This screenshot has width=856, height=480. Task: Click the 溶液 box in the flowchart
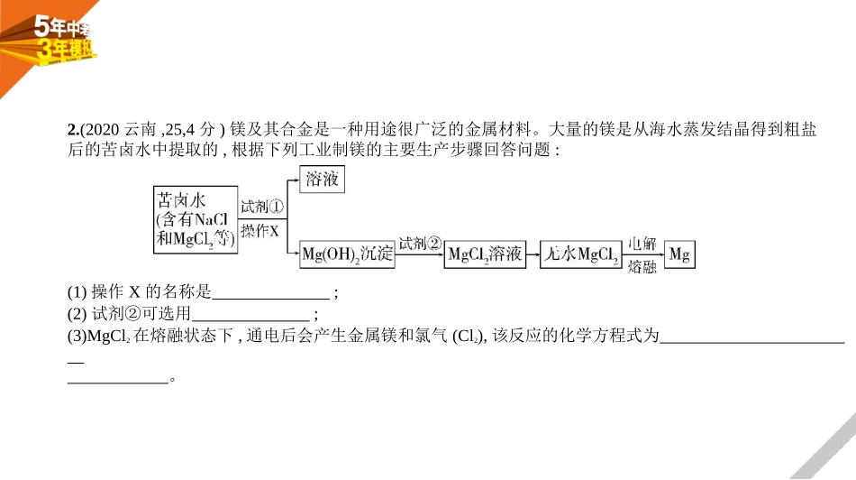tap(322, 180)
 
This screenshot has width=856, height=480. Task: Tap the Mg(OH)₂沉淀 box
tap(347, 254)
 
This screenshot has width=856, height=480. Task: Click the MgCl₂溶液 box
tap(485, 254)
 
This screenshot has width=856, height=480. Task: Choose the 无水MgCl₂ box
tap(579, 254)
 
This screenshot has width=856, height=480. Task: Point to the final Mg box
tap(679, 254)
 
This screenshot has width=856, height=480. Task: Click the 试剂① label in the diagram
tap(262, 206)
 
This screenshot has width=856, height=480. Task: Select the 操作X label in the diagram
tap(262, 231)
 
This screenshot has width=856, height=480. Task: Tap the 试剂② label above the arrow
tap(420, 244)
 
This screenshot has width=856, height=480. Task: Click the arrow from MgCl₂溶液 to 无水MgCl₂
tap(531, 254)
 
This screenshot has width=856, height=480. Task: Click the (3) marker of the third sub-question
tap(78, 337)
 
